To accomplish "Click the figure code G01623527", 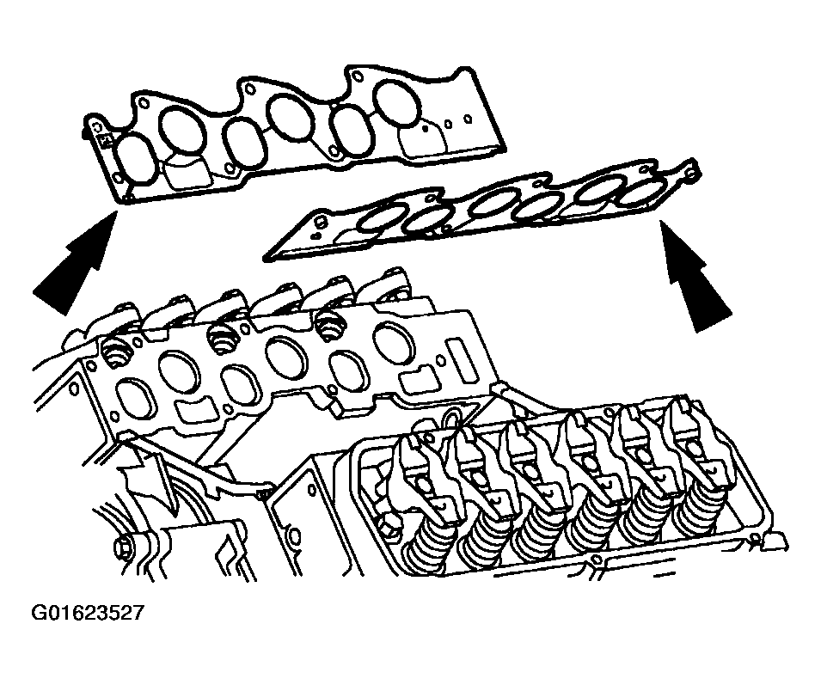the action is pyautogui.click(x=86, y=612).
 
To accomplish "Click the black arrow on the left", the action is pyautogui.click(x=73, y=261).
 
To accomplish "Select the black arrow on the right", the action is pyautogui.click(x=694, y=275).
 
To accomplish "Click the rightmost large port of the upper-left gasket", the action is pyautogui.click(x=398, y=104).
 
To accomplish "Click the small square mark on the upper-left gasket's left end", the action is pyautogui.click(x=106, y=140).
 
